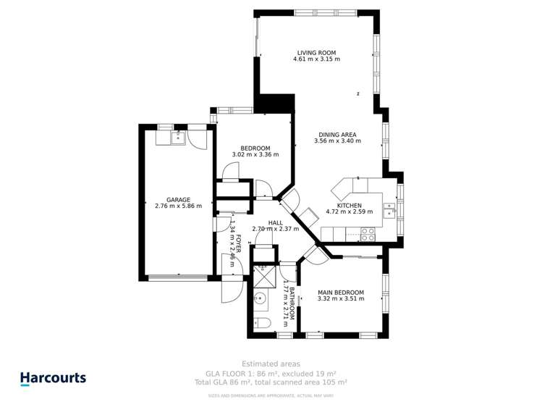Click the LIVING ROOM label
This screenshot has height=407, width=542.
pos(316,52)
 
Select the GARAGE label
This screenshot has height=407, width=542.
pos(178,199)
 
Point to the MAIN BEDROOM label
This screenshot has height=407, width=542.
pos(340,293)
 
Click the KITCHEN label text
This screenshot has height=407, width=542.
pos(348,205)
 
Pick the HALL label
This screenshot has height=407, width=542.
pos(275,222)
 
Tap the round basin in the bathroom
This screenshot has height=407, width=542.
pos(261,298)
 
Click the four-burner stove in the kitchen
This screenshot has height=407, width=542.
pos(367,234)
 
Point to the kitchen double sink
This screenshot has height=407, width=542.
pos(390,210)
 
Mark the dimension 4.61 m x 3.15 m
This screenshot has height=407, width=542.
pos(316,59)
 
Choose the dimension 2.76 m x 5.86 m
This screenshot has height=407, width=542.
pos(178,206)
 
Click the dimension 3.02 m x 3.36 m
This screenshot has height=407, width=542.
pos(255,154)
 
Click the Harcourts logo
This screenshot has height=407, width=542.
pos(53,378)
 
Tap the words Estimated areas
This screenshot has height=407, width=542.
pos(271,364)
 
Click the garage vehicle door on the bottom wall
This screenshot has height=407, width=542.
pos(178,277)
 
